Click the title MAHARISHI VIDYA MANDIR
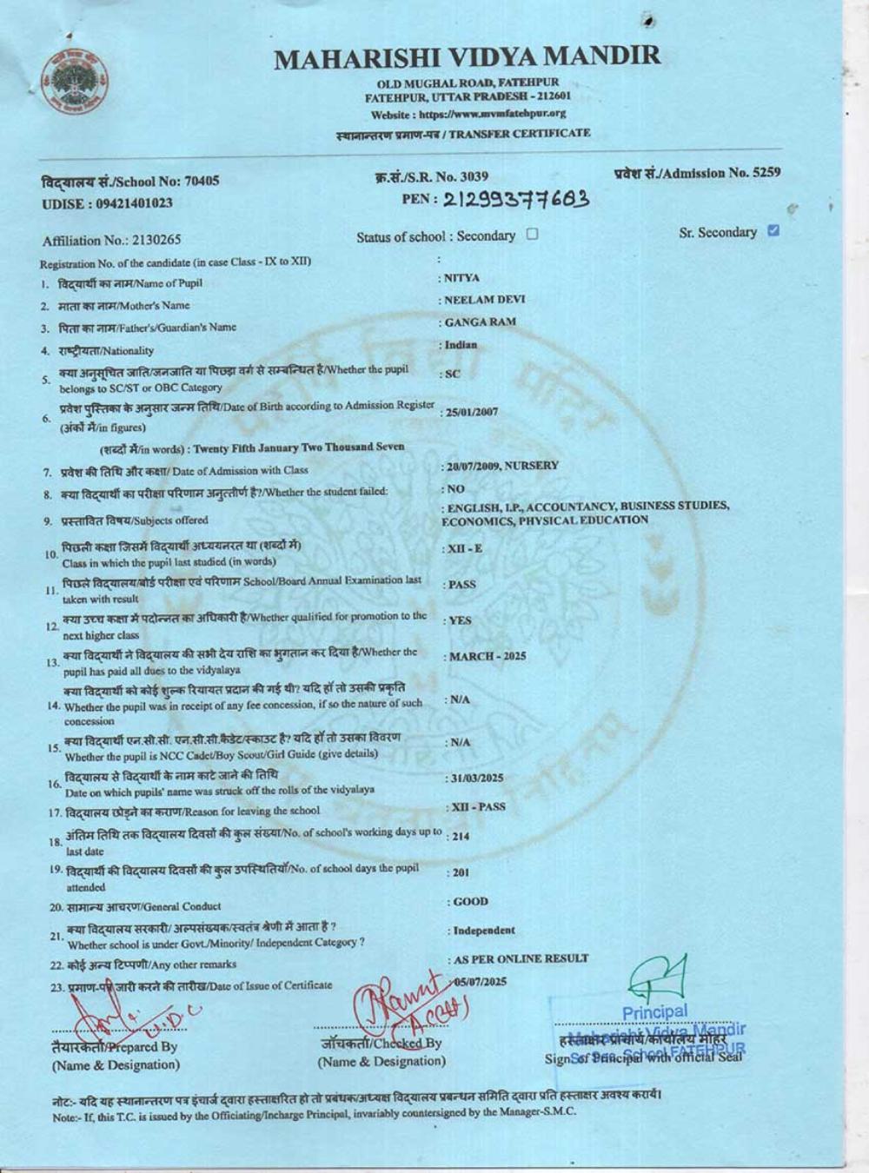click(468, 57)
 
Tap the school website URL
click(468, 114)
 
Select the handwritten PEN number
click(517, 200)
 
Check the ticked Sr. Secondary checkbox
click(774, 231)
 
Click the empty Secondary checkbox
click(533, 234)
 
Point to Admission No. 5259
click(697, 172)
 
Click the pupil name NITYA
click(461, 278)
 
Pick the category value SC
click(452, 374)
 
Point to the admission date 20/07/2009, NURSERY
click(501, 466)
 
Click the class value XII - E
click(464, 549)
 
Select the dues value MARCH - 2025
click(487, 657)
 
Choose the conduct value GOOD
click(470, 902)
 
